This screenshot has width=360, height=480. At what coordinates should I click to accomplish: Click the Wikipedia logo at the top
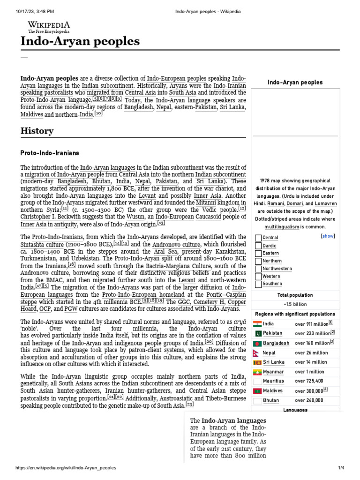(x=49, y=27)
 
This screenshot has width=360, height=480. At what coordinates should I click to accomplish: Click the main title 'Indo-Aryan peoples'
(x=80, y=42)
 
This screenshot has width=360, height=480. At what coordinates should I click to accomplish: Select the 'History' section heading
(x=37, y=131)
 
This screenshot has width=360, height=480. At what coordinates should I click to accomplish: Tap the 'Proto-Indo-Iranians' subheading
(x=50, y=153)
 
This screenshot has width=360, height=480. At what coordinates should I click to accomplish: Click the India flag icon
(x=257, y=323)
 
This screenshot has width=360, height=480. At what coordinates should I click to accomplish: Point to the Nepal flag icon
(x=257, y=352)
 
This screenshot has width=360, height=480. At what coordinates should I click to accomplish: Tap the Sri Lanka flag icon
(x=257, y=362)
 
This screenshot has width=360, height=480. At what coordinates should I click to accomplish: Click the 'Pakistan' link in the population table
(x=273, y=333)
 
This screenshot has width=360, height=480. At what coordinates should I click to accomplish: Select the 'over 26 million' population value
(x=311, y=352)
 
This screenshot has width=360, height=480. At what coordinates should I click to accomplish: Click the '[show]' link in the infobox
(x=328, y=236)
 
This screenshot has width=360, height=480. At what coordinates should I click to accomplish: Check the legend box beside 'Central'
(x=258, y=238)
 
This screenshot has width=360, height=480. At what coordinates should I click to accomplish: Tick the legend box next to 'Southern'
(x=258, y=284)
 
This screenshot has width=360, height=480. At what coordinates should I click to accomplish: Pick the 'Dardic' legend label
(x=270, y=246)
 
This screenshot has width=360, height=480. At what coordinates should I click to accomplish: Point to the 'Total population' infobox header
(x=295, y=295)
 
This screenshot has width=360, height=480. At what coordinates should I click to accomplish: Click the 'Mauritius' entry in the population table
(x=273, y=381)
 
